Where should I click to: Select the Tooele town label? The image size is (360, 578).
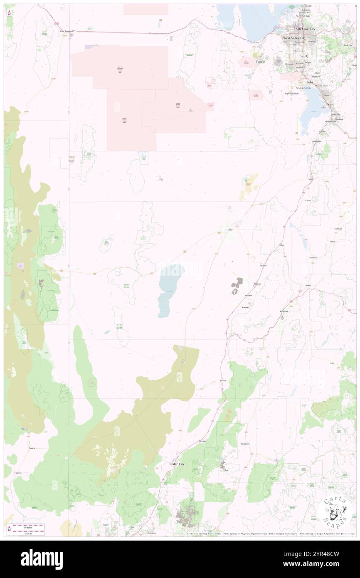click(x=261, y=62)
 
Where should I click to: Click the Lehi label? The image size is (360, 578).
click(x=310, y=82)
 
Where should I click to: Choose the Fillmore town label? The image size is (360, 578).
click(x=258, y=284)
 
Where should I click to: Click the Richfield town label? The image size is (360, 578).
click(x=284, y=311)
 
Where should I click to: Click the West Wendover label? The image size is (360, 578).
click(x=66, y=31)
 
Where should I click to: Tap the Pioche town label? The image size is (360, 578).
click(x=25, y=428)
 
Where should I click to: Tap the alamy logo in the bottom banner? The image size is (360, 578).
click(x=42, y=559)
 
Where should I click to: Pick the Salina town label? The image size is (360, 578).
click(x=308, y=286)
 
